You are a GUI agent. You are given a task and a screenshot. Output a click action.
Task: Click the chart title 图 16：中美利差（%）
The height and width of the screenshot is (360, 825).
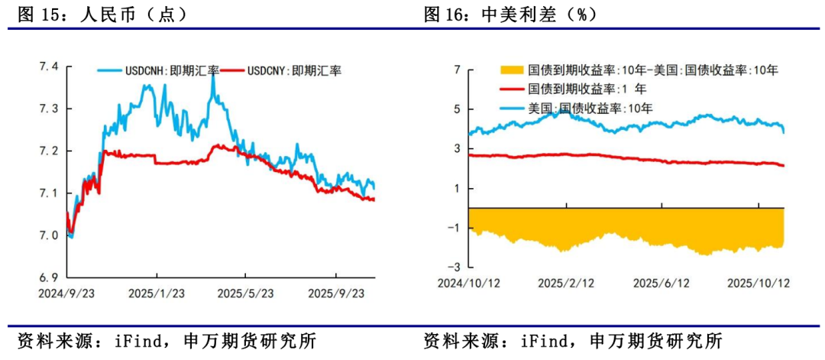(x=510, y=15)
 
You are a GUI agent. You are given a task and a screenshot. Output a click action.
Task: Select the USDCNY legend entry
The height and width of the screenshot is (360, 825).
(x=293, y=70)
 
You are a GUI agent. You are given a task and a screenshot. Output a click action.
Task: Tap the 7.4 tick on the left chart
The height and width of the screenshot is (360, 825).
(x=49, y=67)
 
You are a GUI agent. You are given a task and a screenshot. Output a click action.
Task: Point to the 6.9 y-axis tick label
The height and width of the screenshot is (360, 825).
(x=49, y=277)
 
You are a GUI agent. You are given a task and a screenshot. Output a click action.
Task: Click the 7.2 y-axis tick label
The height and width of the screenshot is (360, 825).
(x=49, y=151)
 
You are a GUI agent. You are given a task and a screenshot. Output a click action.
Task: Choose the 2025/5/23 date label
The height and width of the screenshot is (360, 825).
(x=244, y=294)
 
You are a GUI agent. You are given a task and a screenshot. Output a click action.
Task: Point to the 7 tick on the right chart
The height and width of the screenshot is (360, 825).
(x=457, y=70)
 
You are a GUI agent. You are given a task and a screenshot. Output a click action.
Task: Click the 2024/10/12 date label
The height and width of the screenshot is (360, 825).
(x=468, y=283)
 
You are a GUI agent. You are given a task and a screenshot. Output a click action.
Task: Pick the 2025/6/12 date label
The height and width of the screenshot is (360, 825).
(x=662, y=283)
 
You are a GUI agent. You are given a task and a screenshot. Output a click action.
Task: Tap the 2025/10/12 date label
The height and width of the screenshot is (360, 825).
(x=758, y=283)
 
